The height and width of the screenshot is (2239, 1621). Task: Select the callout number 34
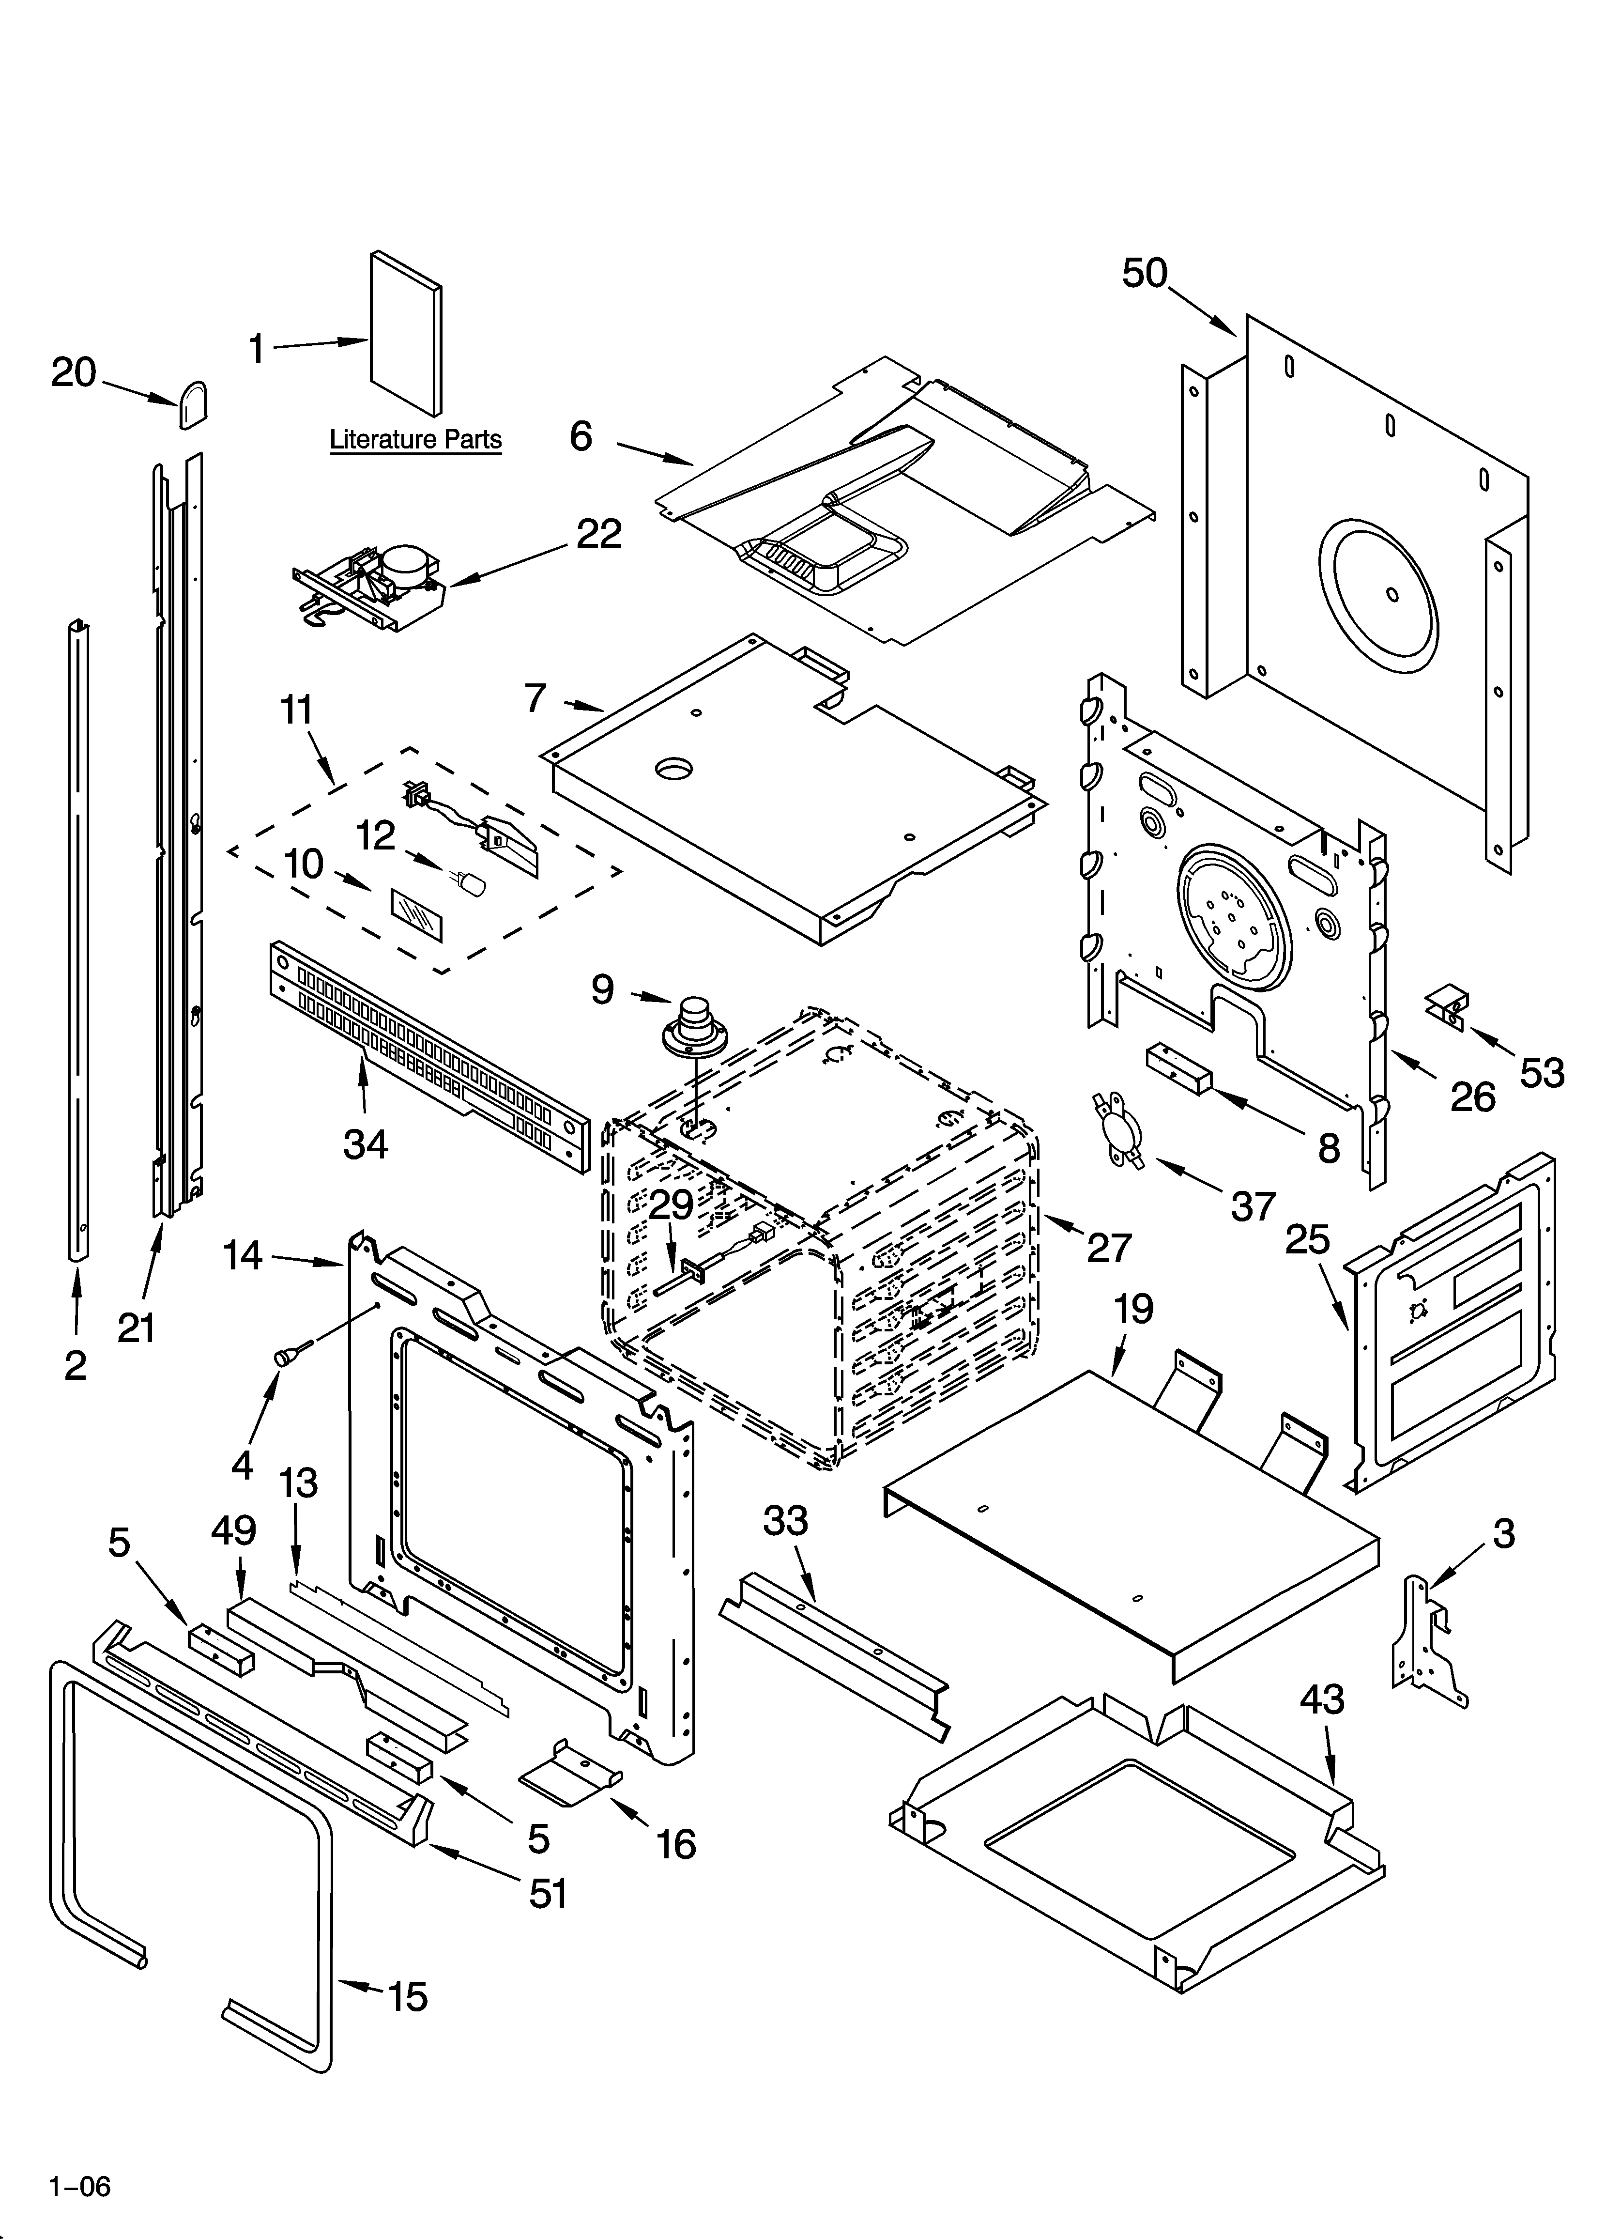pyautogui.click(x=365, y=1144)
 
